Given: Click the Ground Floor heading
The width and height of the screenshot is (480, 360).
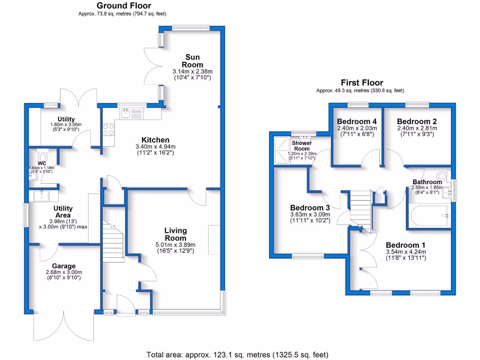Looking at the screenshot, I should tap(124, 6).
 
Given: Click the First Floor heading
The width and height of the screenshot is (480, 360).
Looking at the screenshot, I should tap(361, 82).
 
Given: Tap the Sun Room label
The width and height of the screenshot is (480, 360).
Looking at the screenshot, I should tap(193, 61).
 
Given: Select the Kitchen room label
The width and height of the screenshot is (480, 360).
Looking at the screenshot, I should tap(156, 140).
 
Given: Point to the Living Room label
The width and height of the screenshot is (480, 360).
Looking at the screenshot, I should tap(176, 234).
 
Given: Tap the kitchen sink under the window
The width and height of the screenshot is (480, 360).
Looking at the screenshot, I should tap(126, 112).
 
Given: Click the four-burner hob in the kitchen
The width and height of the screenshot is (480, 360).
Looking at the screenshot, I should tap(108, 129).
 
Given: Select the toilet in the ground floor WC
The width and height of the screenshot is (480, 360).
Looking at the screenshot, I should tap(44, 156).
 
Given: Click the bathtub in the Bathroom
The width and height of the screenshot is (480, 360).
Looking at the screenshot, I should tap(429, 216).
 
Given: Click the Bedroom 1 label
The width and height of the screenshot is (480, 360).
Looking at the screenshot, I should tap(405, 245).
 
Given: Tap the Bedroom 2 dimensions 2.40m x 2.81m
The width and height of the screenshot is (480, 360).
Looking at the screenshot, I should tap(417, 128).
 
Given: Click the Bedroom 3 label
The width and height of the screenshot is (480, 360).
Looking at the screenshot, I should tap(310, 208).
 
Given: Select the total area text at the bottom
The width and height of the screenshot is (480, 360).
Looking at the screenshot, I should tap(237, 354).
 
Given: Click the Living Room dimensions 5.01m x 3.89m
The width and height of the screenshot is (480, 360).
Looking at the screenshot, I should tap(176, 245).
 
